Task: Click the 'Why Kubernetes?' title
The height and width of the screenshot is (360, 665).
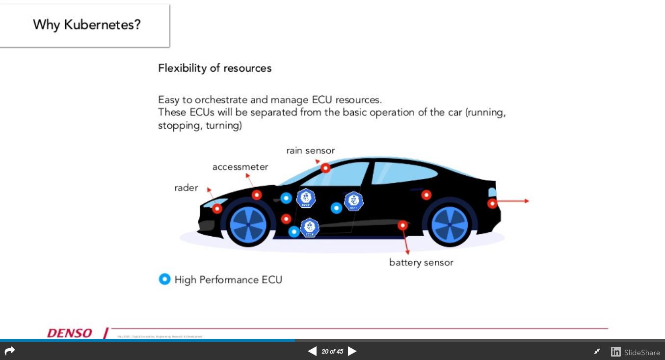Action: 87,25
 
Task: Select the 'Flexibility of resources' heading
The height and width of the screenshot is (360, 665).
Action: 214,68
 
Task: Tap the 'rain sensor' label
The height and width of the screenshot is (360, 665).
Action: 310,151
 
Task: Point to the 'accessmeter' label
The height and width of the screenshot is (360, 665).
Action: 240,167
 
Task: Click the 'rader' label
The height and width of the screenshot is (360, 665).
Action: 186,188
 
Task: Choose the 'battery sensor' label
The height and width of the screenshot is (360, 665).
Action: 421,263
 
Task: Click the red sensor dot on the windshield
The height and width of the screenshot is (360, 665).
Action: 325,168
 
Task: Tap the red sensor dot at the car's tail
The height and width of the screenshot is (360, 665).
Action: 492,203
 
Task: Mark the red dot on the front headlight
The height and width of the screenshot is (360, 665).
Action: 217,209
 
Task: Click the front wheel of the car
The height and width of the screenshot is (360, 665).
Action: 248,224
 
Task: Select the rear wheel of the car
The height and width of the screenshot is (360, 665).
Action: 449,224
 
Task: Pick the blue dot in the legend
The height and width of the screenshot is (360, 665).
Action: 164,279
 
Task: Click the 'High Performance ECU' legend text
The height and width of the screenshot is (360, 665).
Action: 228,280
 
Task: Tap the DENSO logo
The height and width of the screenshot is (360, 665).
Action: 70,333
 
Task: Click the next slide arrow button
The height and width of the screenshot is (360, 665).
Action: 352,351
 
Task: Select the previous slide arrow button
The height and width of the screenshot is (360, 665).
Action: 312,351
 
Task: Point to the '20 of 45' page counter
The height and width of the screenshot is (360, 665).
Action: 332,352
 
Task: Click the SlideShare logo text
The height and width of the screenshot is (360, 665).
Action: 641,352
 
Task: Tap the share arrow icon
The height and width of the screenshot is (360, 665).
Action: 10,351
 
